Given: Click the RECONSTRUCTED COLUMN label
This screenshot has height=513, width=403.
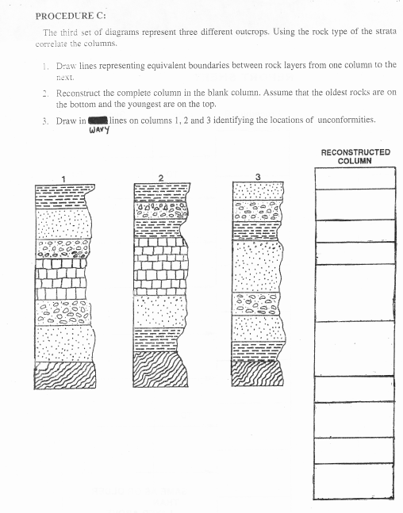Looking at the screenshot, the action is (355, 155).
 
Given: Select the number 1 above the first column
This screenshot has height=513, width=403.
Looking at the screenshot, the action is (63, 178).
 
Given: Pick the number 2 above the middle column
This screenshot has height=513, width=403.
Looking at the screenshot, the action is (161, 178).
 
